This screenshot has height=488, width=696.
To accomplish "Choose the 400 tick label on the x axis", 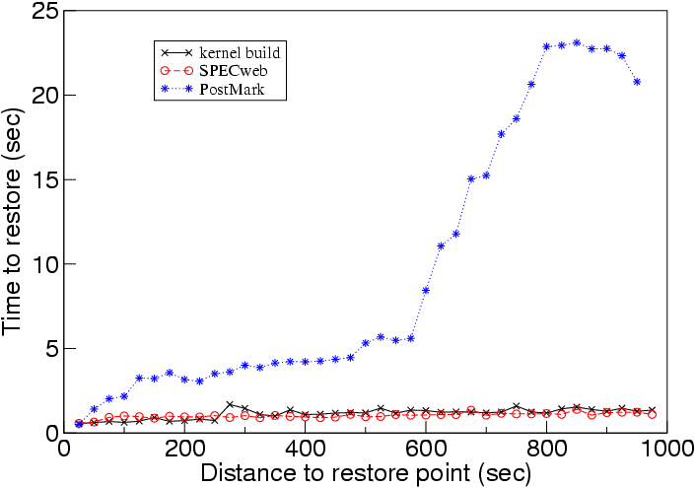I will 306,449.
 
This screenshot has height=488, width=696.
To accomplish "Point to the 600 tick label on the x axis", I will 426,449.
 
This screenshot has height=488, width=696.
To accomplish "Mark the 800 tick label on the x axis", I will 547,449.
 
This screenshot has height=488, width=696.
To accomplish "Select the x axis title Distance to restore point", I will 366,473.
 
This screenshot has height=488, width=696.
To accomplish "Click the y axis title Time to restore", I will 16,222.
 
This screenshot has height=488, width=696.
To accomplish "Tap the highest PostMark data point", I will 577,42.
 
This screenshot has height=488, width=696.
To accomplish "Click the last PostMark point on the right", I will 637,82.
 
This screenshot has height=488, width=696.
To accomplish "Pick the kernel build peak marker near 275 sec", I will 230,404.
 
